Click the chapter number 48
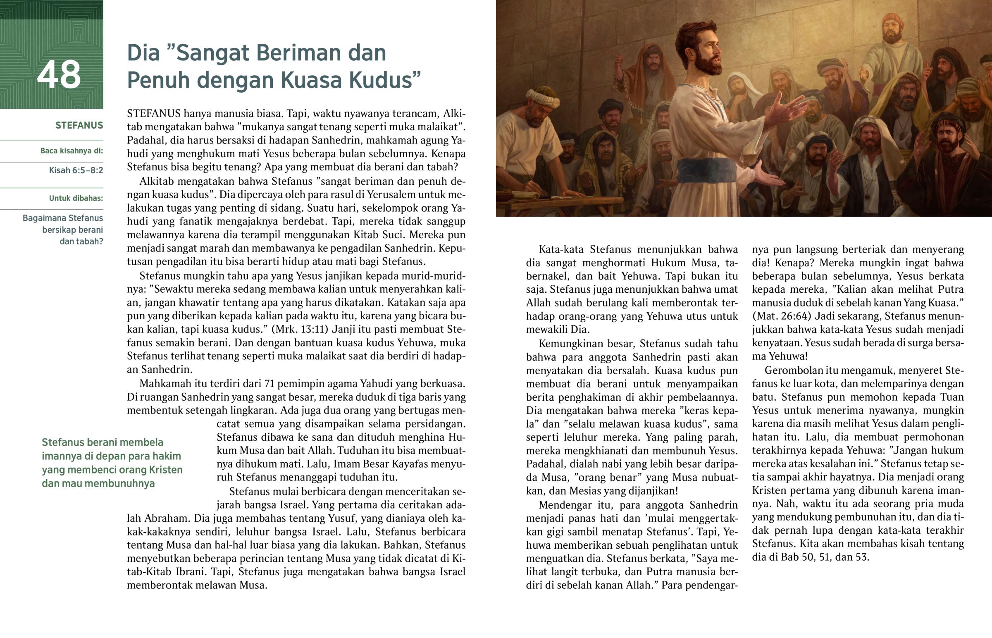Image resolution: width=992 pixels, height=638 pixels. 59,75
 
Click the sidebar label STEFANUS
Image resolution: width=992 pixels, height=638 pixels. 79,126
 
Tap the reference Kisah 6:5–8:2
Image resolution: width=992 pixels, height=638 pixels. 76,170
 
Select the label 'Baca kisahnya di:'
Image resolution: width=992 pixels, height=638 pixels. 72,151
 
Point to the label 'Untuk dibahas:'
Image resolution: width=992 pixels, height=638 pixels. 76,198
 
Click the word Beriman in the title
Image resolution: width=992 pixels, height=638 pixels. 295,53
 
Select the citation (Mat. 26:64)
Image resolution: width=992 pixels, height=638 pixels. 781,316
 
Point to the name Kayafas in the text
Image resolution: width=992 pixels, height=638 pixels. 417,464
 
